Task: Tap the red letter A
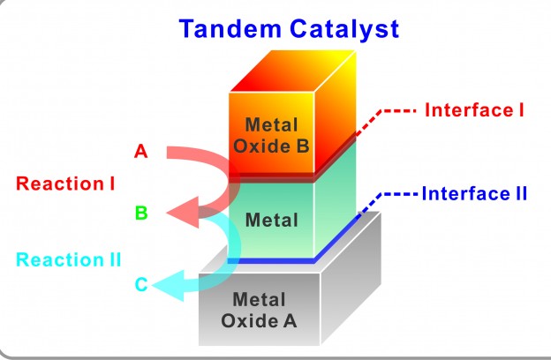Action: (140, 152)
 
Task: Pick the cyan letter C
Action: (141, 284)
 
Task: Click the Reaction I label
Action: (66, 184)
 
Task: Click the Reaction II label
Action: (69, 259)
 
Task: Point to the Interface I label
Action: (475, 110)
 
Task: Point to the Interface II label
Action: (474, 192)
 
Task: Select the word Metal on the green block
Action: (271, 220)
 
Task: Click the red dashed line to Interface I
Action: (396, 112)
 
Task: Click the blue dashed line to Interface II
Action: (398, 193)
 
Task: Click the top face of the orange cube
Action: (294, 72)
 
